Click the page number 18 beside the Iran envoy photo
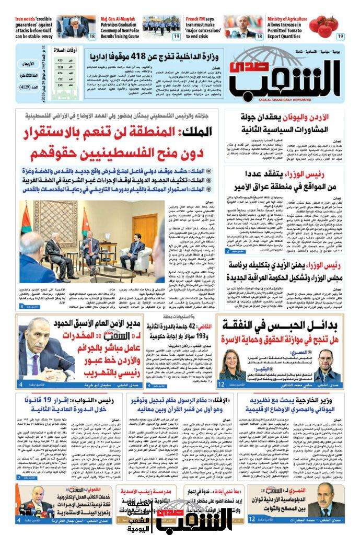[92, 36]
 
